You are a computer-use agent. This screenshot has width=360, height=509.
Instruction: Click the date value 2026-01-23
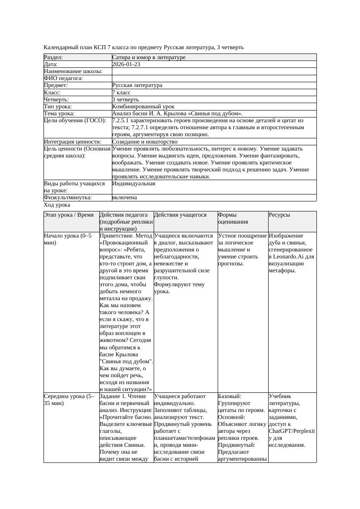click(x=126, y=64)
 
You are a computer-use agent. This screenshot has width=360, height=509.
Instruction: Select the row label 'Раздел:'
click(x=54, y=57)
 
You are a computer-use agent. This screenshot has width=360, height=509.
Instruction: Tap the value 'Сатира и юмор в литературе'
click(x=148, y=57)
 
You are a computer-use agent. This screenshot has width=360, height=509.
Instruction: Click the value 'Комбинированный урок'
click(x=143, y=107)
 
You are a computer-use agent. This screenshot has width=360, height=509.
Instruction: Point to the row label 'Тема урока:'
click(x=59, y=114)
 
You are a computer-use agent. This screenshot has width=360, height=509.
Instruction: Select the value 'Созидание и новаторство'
click(x=145, y=142)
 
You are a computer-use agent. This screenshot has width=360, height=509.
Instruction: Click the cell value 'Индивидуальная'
click(x=134, y=184)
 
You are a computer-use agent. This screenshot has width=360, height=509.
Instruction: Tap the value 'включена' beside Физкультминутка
click(x=124, y=198)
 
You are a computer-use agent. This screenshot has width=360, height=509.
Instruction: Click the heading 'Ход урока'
click(x=57, y=205)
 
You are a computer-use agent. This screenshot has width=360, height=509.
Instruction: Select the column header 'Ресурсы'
click(x=279, y=215)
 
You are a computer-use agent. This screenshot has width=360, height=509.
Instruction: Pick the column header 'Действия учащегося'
click(x=180, y=215)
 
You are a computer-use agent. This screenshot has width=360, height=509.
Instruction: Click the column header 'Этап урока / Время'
click(x=69, y=215)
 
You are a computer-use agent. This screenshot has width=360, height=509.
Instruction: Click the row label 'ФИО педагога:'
click(x=64, y=78)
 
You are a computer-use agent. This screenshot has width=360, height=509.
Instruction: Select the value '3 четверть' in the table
click(x=126, y=100)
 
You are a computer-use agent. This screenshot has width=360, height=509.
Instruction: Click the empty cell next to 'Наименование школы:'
click(x=214, y=71)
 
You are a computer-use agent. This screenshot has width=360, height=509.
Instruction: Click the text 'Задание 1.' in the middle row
click(x=113, y=397)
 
